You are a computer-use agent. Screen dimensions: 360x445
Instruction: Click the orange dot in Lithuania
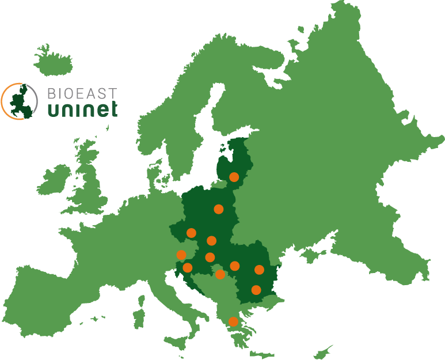(x=234, y=177)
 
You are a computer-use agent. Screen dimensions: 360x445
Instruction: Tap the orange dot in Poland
(x=219, y=209)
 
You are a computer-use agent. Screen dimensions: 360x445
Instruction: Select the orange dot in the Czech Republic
(x=191, y=233)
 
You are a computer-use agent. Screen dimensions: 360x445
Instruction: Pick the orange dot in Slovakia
(x=211, y=241)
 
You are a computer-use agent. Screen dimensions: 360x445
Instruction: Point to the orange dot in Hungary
(x=210, y=257)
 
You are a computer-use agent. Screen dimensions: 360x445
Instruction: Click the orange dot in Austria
(x=181, y=255)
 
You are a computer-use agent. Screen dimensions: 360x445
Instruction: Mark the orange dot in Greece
(x=233, y=321)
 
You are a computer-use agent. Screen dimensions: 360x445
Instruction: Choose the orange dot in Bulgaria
(x=256, y=290)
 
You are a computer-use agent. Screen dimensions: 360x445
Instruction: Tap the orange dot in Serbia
(x=220, y=274)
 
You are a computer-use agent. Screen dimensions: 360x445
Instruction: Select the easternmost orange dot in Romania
(x=259, y=270)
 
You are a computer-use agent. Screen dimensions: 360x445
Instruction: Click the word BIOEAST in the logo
(x=81, y=93)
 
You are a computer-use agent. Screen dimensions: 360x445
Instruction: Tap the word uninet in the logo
(x=81, y=108)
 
